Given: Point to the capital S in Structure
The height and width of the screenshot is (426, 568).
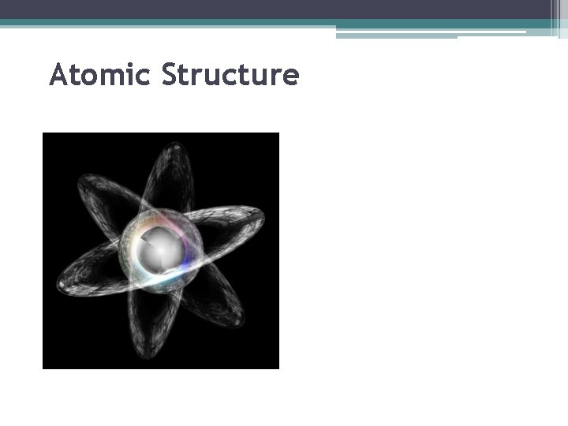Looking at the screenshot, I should pyautogui.click(x=171, y=76).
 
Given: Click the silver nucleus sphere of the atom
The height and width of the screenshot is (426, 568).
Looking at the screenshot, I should pyautogui.click(x=160, y=250).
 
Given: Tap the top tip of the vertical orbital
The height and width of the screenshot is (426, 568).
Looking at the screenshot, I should pyautogui.click(x=177, y=145).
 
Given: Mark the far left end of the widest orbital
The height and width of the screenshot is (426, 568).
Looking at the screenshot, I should pyautogui.click(x=60, y=285).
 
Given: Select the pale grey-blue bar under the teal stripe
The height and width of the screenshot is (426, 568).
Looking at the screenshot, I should pyautogui.click(x=394, y=35).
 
